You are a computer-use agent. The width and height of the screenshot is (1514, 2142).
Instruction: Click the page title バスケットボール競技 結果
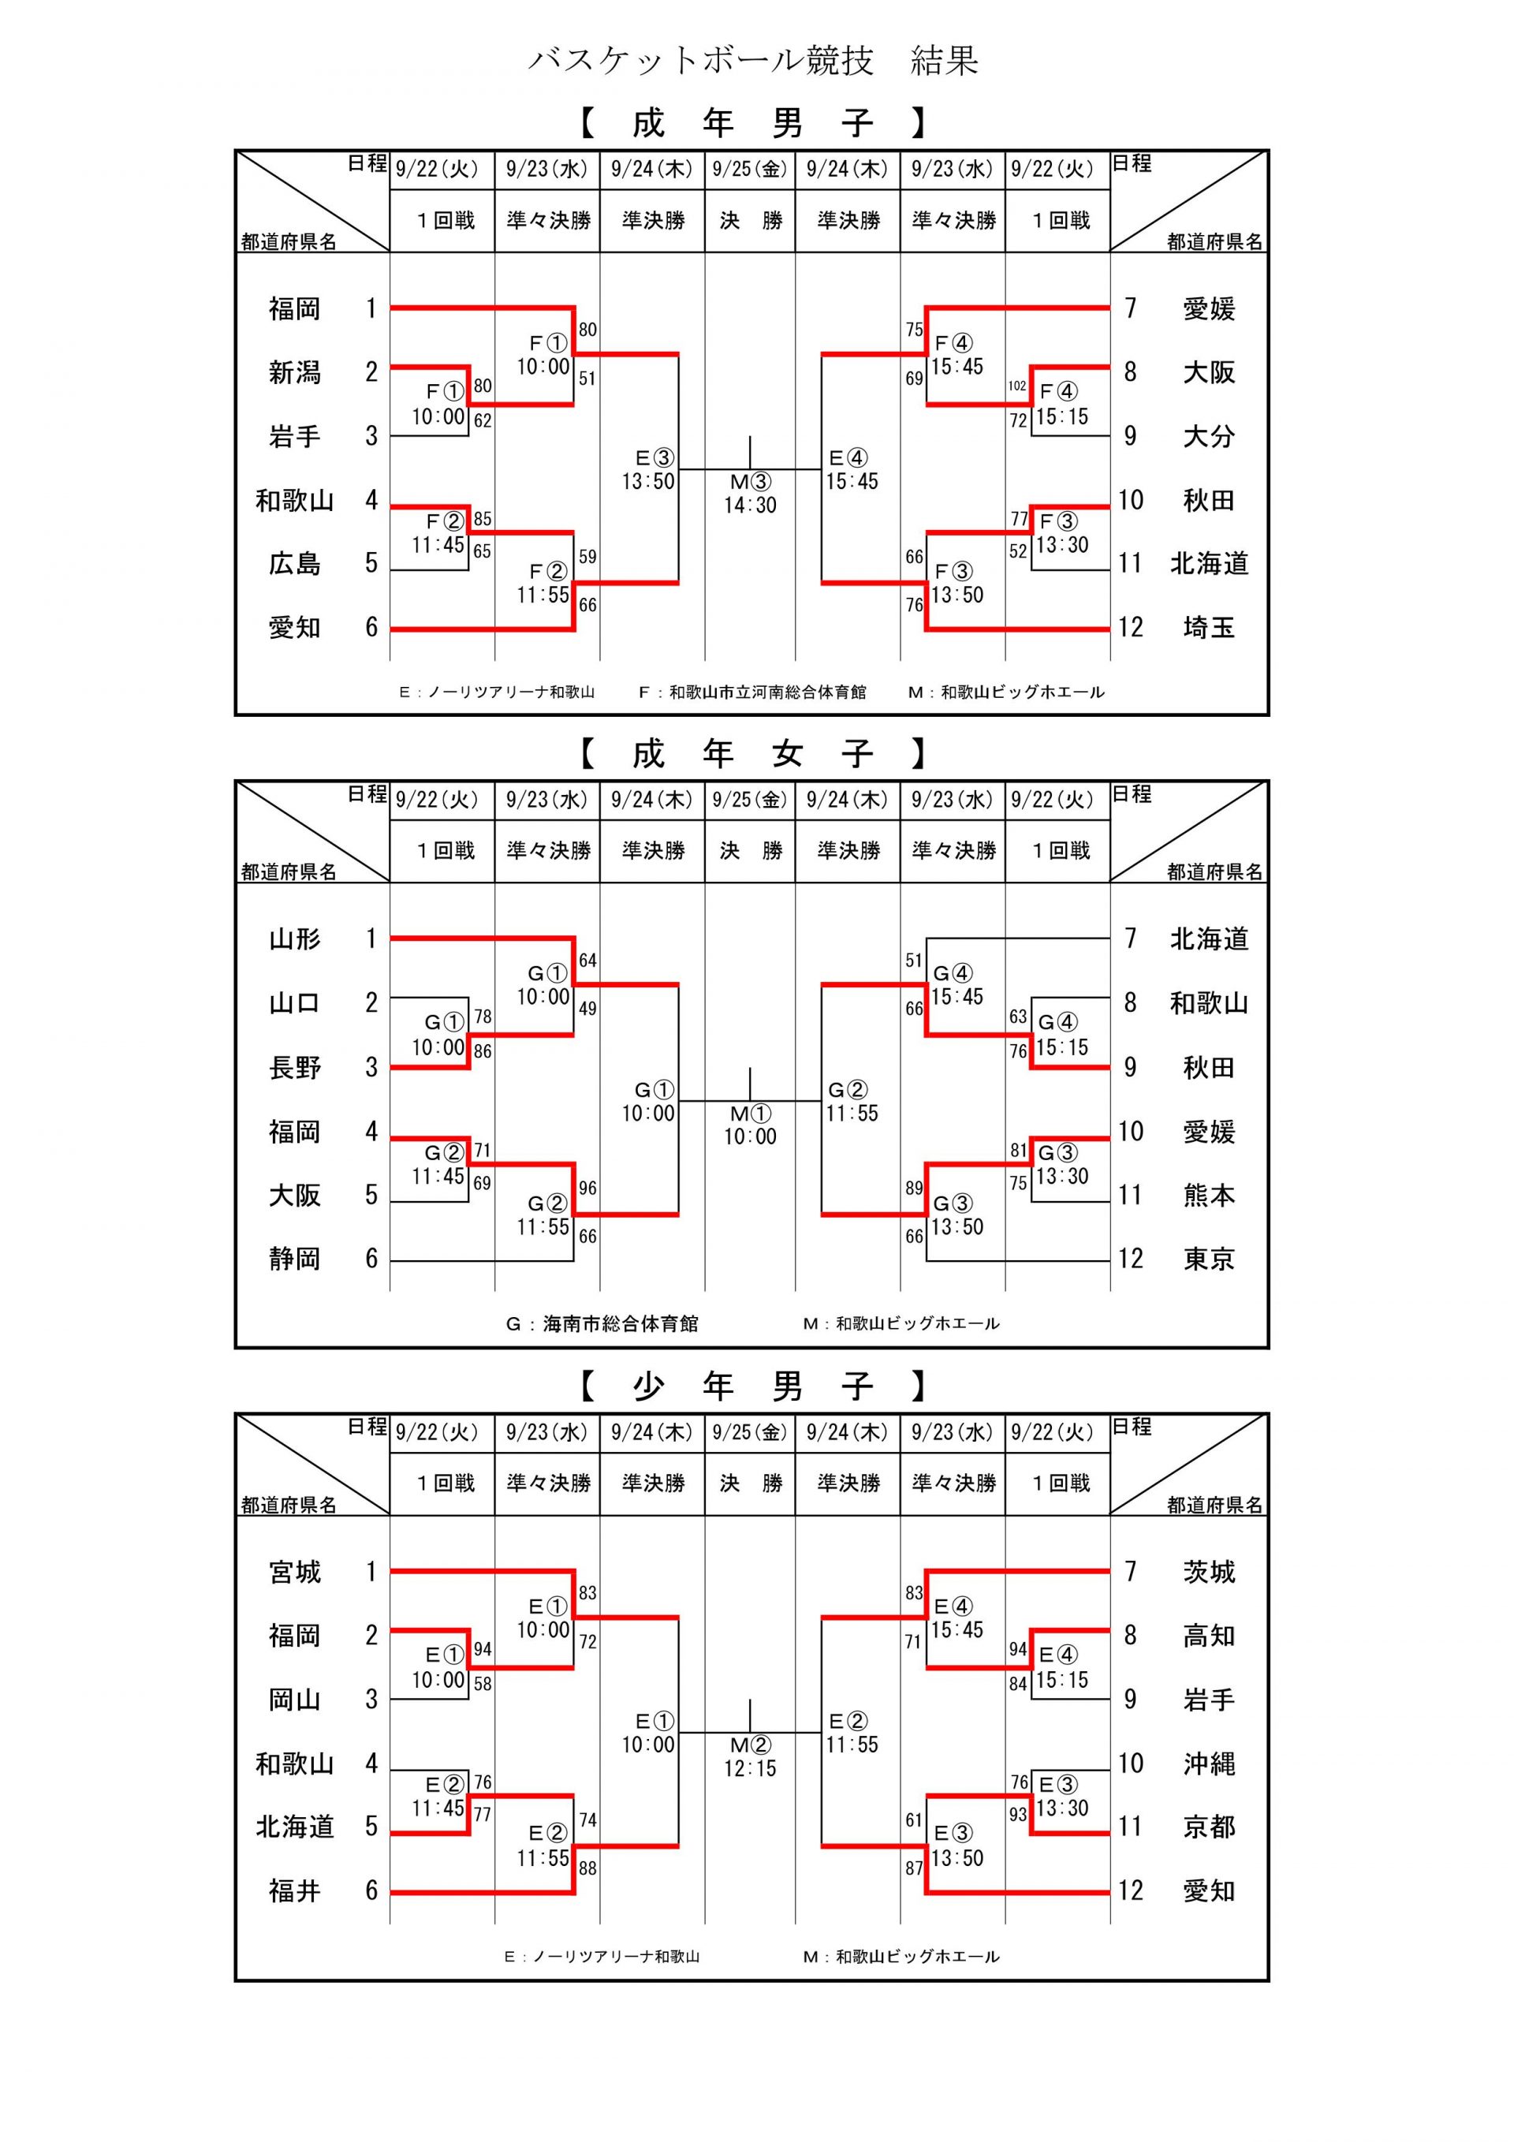754,62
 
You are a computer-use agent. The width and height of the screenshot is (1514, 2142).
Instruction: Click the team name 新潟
295,373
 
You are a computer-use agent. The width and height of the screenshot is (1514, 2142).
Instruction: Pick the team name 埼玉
1209,628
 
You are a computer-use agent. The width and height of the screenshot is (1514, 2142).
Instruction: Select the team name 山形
295,939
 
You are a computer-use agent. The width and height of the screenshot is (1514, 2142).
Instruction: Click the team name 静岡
295,1259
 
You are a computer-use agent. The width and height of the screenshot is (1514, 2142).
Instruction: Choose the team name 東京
1209,1259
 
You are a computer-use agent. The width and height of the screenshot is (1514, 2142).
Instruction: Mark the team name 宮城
295,1572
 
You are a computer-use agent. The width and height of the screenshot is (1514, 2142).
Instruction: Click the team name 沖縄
1209,1763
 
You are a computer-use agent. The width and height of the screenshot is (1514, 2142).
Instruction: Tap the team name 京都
1209,1827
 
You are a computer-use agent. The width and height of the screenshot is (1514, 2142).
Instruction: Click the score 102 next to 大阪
1016,386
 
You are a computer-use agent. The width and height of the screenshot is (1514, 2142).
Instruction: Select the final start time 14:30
750,505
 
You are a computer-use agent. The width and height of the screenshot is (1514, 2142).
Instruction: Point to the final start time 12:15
750,1768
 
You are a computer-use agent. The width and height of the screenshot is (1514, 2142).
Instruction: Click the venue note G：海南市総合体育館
602,1324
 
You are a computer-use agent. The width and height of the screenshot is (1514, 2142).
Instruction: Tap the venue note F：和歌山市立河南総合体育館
751,692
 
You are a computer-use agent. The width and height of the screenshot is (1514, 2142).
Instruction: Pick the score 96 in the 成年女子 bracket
587,1189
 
